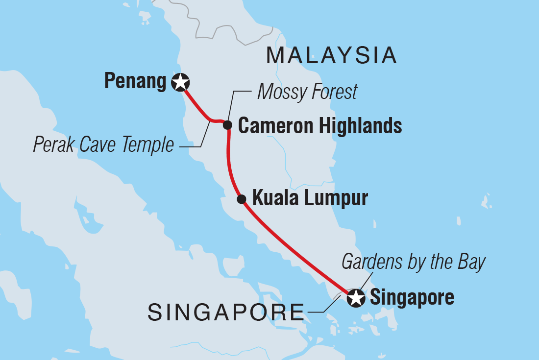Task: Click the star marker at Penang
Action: (181, 82)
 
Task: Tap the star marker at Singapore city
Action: (355, 298)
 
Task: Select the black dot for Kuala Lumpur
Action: (241, 199)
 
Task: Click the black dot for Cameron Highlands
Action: (227, 125)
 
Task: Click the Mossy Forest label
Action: (307, 92)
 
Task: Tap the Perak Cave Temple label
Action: (103, 145)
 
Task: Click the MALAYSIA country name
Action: (331, 56)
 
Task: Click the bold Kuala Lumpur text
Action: (310, 199)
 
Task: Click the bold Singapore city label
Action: (412, 298)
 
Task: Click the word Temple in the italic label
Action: (150, 145)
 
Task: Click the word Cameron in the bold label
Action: (276, 126)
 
